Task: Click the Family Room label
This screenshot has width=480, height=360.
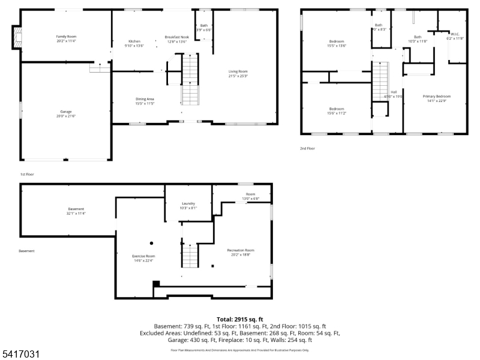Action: click(66, 37)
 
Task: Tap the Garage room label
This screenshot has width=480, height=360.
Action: click(66, 112)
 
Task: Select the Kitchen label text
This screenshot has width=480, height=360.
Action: click(134, 41)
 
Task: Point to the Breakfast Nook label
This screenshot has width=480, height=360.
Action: click(176, 37)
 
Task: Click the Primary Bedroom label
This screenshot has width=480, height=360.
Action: click(436, 96)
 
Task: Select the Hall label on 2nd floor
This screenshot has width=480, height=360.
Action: click(394, 92)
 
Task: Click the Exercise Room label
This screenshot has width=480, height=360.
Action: click(143, 256)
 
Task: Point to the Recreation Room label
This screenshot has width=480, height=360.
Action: click(241, 250)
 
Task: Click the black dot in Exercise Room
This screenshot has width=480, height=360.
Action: click(151, 243)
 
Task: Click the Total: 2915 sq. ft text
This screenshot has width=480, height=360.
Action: click(240, 319)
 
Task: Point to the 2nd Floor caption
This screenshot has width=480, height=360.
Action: click(307, 148)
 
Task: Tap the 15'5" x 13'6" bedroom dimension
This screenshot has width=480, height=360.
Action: click(337, 46)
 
